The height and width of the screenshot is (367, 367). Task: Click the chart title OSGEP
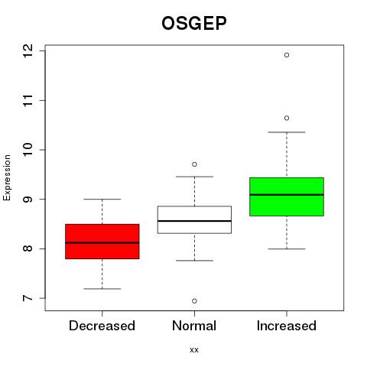tap(194, 23)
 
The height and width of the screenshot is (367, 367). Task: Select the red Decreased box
tap(102, 242)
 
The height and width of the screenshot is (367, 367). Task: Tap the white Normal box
tap(194, 219)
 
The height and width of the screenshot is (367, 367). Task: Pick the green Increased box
tap(287, 196)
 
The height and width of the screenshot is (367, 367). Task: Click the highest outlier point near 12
tap(287, 55)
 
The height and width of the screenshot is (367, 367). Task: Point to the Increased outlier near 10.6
tap(287, 118)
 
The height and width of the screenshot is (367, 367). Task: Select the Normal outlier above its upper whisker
tap(194, 164)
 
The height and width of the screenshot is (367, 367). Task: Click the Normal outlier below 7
tap(194, 301)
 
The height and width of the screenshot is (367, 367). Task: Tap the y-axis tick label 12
tap(28, 50)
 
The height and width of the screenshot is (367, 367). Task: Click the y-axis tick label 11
tap(28, 100)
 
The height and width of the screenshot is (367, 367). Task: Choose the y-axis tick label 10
tap(28, 150)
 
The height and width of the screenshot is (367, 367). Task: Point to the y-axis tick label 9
tap(28, 199)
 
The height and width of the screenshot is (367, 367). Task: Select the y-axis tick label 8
tap(28, 248)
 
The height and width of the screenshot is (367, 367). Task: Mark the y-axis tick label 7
tap(28, 298)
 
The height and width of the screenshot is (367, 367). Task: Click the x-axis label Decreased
tap(102, 326)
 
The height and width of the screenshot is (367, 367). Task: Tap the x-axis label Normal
tap(194, 326)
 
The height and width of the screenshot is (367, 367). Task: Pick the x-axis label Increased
tap(287, 326)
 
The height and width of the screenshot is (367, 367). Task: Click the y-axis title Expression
tap(7, 177)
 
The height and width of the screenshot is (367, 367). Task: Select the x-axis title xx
tap(194, 350)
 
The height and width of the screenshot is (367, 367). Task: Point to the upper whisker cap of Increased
tap(287, 132)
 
